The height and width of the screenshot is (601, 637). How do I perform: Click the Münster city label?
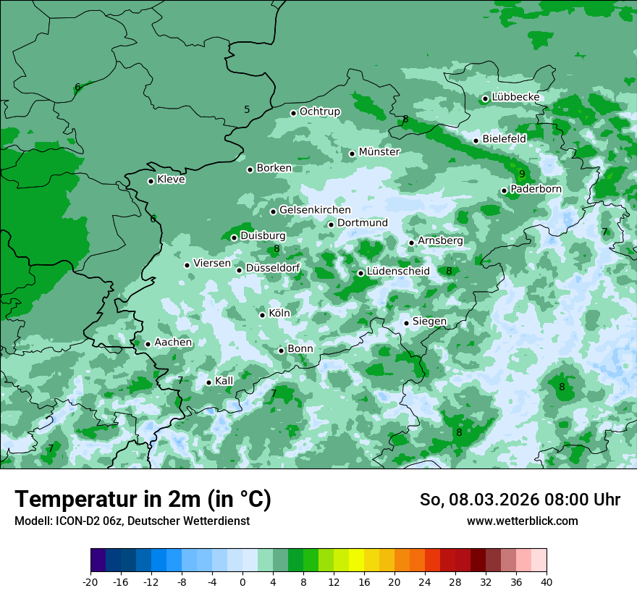379,152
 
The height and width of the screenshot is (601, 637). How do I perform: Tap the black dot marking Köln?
262,315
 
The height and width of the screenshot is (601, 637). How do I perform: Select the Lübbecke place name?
515,97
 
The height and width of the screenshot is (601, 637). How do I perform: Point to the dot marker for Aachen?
148,344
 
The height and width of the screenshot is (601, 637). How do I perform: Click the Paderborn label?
536,189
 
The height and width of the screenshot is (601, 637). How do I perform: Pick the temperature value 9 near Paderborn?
522,174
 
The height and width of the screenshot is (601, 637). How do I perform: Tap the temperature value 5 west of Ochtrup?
247,109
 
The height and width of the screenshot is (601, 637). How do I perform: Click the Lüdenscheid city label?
398,272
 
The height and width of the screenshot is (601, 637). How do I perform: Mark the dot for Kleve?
151,181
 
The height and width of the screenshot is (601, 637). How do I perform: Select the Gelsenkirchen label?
315,210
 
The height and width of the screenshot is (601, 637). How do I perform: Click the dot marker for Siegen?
406,323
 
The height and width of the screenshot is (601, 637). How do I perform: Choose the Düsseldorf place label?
273,268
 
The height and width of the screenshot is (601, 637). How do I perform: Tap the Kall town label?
224,381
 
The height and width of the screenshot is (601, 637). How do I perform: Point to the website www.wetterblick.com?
523,521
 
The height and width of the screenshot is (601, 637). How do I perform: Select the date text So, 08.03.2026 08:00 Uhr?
520,500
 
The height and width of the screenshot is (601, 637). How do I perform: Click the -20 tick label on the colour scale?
90,581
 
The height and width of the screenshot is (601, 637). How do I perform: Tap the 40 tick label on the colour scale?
547,581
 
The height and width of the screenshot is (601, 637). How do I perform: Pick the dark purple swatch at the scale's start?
98,560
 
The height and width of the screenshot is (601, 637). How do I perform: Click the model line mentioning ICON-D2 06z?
132,521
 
